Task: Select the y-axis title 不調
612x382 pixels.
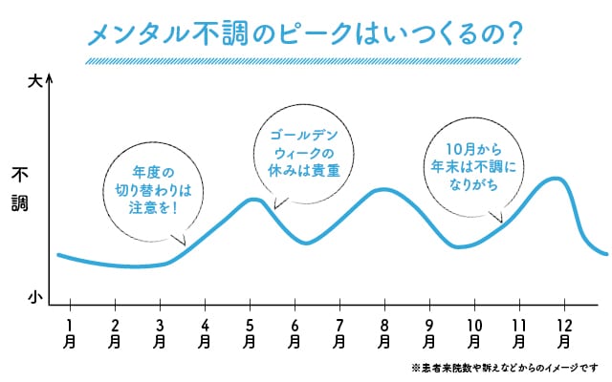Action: [20, 189]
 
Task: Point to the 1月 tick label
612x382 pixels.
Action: [69, 330]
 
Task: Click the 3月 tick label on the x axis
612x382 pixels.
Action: [159, 330]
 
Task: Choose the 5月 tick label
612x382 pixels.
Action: [249, 330]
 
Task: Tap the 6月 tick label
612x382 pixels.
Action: [294, 330]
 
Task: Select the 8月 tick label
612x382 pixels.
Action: [383, 330]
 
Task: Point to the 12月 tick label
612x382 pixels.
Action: [563, 330]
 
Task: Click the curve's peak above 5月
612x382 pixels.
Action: [251, 199]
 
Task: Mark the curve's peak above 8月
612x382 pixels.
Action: [383, 189]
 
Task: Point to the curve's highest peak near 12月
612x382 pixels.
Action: [555, 178]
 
